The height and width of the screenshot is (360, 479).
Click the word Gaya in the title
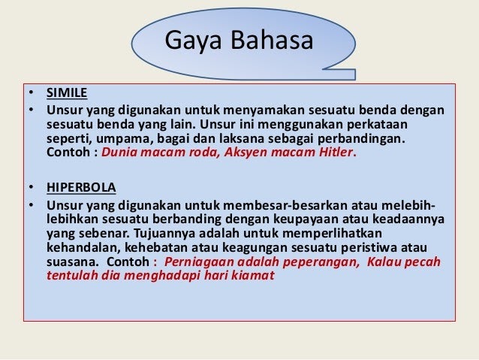[193, 41]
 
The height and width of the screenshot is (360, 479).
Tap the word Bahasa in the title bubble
[272, 40]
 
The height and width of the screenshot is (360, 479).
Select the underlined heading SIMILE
[67, 92]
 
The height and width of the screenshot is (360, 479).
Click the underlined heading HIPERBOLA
[81, 187]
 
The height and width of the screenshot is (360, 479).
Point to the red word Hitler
[336, 152]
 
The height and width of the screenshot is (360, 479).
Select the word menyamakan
[264, 110]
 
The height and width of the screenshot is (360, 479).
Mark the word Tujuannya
[164, 234]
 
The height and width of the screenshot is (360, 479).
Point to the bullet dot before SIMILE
[31, 92]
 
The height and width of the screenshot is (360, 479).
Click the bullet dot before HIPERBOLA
[31, 187]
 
